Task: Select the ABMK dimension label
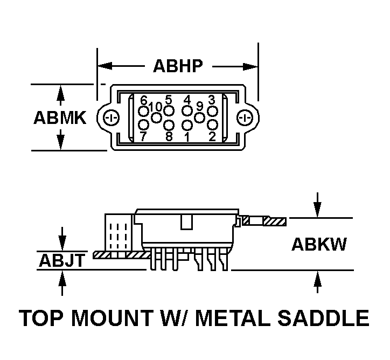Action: [60, 117]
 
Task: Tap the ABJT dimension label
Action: [61, 261]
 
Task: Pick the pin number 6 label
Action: [143, 100]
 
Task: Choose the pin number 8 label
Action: [169, 136]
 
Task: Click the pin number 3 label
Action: [212, 100]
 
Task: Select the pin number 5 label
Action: [169, 100]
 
